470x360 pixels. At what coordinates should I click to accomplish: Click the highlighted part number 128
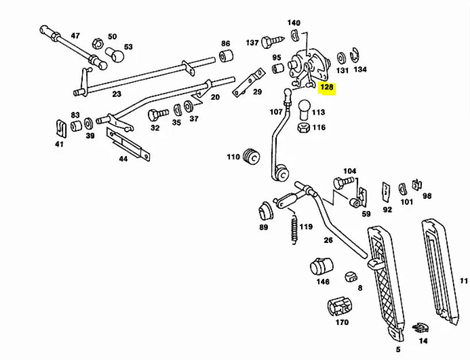pyautogui.click(x=327, y=87)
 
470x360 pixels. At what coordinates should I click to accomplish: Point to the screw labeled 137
pyautogui.click(x=272, y=41)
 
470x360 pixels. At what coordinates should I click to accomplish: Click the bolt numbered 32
pyautogui.click(x=158, y=114)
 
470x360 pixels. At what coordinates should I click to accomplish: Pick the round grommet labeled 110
pyautogui.click(x=251, y=156)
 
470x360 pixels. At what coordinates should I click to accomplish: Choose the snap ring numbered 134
pyautogui.click(x=356, y=56)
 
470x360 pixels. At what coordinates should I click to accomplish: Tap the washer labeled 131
pyautogui.click(x=341, y=59)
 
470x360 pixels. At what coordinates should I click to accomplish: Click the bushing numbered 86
pyautogui.click(x=226, y=56)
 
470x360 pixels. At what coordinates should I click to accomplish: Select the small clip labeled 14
pyautogui.click(x=420, y=328)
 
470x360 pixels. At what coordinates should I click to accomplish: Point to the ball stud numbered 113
pyautogui.click(x=304, y=110)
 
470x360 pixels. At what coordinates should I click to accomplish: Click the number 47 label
pyautogui.click(x=75, y=36)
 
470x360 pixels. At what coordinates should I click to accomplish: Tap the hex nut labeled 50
pyautogui.click(x=98, y=44)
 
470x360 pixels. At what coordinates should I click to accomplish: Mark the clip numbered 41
pyautogui.click(x=61, y=129)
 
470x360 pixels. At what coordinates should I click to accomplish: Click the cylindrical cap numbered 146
pyautogui.click(x=321, y=266)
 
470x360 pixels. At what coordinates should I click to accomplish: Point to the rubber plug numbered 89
pyautogui.click(x=265, y=212)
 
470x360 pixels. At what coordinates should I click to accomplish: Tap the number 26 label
pyautogui.click(x=328, y=240)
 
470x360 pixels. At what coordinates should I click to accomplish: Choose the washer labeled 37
pyautogui.click(x=188, y=106)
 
